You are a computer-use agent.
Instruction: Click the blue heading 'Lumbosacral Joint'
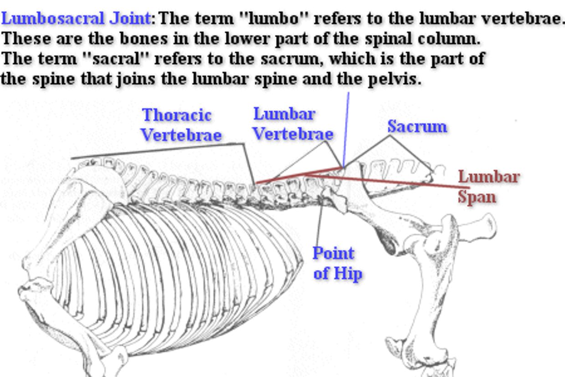76,19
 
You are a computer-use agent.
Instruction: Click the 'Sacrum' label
417,126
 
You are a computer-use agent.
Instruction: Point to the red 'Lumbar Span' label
488,187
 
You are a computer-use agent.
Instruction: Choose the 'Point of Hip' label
338,263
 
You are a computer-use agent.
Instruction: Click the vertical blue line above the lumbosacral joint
346,128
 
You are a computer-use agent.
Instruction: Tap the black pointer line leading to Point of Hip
319,223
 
